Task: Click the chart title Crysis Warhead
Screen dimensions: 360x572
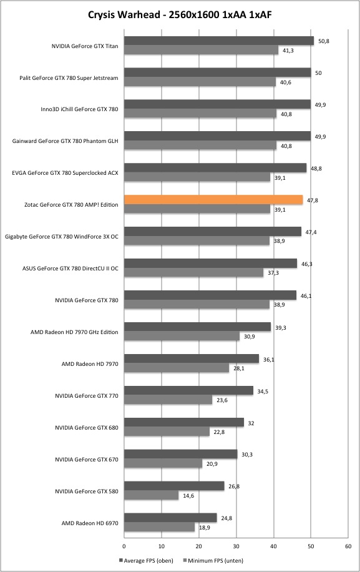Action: coord(124,14)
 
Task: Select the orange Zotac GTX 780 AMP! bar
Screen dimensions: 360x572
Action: coord(213,200)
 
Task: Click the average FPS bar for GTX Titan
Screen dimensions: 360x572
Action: coord(219,41)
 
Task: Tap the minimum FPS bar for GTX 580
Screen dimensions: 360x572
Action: coord(151,495)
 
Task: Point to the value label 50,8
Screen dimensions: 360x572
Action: coord(324,41)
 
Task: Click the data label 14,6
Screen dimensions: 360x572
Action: coord(188,496)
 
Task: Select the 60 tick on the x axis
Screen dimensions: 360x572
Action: coord(348,546)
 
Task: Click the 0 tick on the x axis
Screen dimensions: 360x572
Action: coord(124,546)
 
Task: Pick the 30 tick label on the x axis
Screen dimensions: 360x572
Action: coord(236,546)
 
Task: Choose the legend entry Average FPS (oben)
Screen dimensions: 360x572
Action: coord(146,560)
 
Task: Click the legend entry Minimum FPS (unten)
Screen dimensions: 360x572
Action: coord(213,560)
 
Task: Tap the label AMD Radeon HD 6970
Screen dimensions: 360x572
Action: coord(90,523)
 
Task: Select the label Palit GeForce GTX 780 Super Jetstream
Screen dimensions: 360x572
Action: coord(69,78)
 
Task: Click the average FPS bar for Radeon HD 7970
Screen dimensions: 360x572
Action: coord(192,358)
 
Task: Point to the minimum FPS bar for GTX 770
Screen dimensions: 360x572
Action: coord(168,400)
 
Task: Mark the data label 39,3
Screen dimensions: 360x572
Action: coord(281,328)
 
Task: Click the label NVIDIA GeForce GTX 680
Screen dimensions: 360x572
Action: coord(87,428)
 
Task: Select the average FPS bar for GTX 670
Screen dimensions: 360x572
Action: coord(181,454)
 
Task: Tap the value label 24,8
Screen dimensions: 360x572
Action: coord(226,518)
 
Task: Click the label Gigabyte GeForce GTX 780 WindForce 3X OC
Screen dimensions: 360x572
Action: coord(62,237)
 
